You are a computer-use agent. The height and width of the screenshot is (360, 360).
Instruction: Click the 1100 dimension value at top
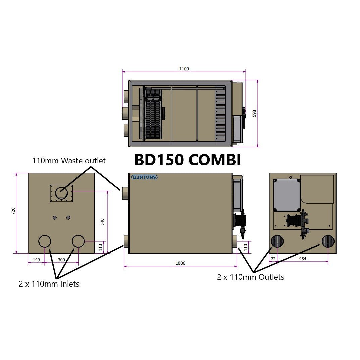pyautogui.click(x=184, y=69)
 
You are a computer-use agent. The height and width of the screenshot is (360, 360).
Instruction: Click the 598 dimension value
pyautogui.click(x=254, y=114)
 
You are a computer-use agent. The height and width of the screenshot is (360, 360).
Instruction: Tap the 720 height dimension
pyautogui.click(x=13, y=211)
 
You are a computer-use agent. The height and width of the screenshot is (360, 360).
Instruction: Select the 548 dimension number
pyautogui.click(x=102, y=222)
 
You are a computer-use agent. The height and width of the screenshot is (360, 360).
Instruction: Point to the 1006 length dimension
pyautogui.click(x=181, y=263)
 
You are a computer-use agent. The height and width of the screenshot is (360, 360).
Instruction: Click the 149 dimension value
pyautogui.click(x=36, y=260)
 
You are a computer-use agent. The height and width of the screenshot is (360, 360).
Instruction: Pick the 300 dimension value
pyautogui.click(x=61, y=260)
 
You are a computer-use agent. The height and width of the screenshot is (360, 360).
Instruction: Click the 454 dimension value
pyautogui.click(x=302, y=259)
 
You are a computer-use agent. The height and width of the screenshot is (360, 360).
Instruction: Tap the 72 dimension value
pyautogui.click(x=273, y=259)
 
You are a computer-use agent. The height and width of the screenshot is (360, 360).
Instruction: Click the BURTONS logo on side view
pyautogui.click(x=144, y=177)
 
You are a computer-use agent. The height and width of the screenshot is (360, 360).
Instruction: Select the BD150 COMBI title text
pyautogui.click(x=187, y=160)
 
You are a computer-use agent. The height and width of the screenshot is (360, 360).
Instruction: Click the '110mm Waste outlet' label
pyautogui.click(x=69, y=161)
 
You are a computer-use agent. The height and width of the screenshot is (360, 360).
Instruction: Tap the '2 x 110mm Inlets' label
pyautogui.click(x=49, y=284)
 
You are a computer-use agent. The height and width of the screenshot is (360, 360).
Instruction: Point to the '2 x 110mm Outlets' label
pyautogui.click(x=250, y=277)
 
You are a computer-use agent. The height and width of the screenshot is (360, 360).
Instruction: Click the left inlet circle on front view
pyautogui.click(x=45, y=241)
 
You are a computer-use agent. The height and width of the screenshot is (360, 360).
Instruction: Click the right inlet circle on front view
pyautogui.click(x=78, y=241)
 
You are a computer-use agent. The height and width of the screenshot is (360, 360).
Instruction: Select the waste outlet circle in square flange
pyautogui.click(x=61, y=193)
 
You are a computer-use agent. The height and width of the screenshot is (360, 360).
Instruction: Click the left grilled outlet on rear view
pyautogui.click(x=277, y=242)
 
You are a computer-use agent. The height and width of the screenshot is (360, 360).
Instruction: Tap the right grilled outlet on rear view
pyautogui.click(x=328, y=242)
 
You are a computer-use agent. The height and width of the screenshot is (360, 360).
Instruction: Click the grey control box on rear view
pyautogui.click(x=287, y=196)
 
